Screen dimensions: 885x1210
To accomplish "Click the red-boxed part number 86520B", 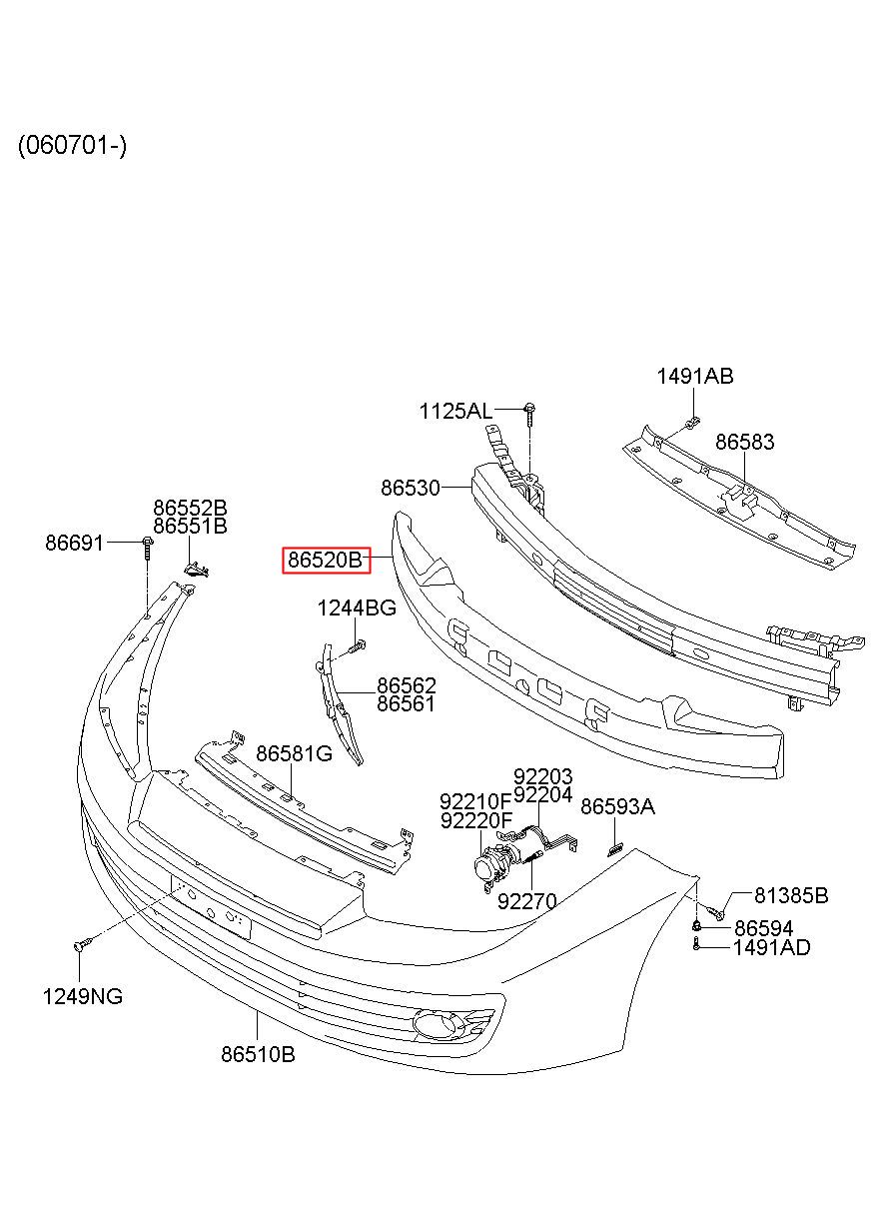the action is click(x=326, y=560).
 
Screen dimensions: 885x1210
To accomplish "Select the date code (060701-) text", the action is click(x=72, y=145).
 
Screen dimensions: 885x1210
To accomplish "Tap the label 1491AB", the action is click(x=695, y=376).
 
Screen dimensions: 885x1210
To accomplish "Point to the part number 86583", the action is click(x=744, y=442).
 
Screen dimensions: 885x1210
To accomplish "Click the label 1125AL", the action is click(x=455, y=412).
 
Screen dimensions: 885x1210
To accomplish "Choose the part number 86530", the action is click(x=411, y=488).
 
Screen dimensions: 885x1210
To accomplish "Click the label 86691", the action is click(x=74, y=543).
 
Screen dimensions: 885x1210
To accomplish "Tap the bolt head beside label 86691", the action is click(x=148, y=541).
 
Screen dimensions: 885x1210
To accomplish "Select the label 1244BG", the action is click(x=357, y=608).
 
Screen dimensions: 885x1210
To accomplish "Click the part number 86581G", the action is click(x=294, y=753).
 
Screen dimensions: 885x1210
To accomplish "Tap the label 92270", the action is click(x=526, y=901).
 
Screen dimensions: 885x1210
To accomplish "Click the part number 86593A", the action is click(x=617, y=806).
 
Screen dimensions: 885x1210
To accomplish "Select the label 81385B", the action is click(x=791, y=895).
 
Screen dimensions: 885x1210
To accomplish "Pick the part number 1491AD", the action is click(x=771, y=947).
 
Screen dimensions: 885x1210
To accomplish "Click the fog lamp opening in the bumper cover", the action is click(x=431, y=1022).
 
